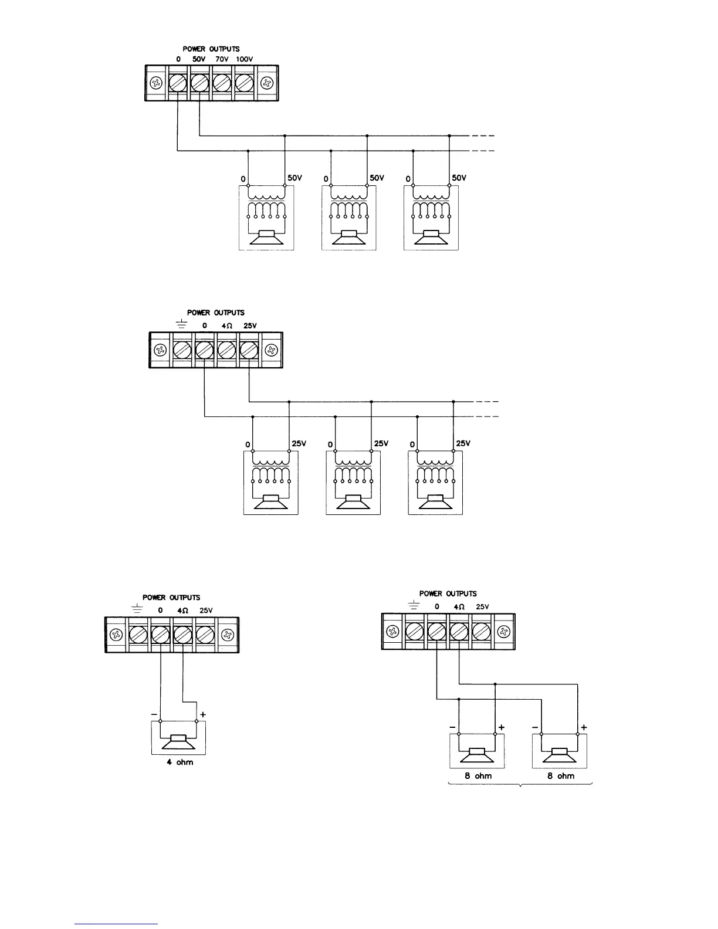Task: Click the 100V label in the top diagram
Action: click(245, 59)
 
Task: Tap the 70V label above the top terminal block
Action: click(222, 59)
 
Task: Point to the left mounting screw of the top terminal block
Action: click(157, 83)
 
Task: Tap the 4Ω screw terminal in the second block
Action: click(226, 350)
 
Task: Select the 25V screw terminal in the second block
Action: click(249, 350)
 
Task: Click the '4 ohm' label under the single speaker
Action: click(179, 762)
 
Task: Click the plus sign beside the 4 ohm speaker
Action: click(203, 714)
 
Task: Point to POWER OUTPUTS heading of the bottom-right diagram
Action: click(448, 594)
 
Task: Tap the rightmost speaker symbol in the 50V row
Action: click(431, 239)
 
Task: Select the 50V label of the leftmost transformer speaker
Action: click(294, 178)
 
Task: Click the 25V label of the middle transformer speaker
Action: click(381, 443)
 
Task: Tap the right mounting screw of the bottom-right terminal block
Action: click(503, 631)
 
